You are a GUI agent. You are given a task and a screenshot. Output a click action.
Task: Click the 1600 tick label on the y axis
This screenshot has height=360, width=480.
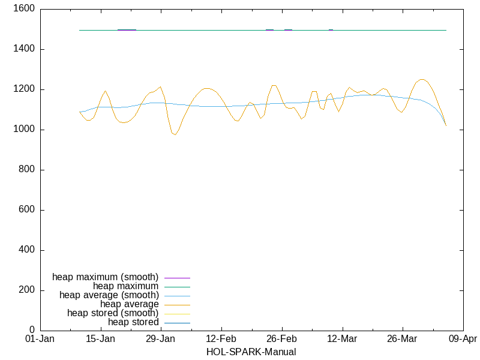[24, 9]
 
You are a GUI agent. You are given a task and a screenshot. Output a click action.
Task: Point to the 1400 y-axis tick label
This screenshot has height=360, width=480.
[24, 49]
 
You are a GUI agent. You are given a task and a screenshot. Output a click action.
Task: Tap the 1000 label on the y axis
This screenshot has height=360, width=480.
[24, 130]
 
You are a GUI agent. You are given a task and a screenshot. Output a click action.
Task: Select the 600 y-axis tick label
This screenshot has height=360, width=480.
[26, 210]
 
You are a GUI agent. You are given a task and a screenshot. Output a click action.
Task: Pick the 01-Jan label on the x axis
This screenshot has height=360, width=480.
[40, 339]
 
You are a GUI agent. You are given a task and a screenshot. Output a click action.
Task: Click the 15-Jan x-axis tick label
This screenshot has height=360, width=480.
[100, 339]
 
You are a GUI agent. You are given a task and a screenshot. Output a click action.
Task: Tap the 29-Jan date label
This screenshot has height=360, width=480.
[161, 339]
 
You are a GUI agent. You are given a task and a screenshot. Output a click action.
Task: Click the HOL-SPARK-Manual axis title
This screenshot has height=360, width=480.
[251, 352]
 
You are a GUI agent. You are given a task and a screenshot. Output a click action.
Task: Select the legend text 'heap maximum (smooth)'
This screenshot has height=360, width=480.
[106, 277]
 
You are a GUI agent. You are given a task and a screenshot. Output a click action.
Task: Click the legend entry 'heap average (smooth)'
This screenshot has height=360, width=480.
[109, 295]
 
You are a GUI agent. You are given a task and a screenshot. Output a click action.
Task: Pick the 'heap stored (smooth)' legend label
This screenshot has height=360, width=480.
[113, 313]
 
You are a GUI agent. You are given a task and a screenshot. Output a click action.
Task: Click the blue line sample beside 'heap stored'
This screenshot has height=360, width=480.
[177, 323]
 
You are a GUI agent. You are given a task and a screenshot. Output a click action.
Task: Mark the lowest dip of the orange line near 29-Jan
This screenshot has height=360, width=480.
[175, 134]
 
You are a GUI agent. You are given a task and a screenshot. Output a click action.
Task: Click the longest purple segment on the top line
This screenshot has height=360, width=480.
[127, 29]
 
